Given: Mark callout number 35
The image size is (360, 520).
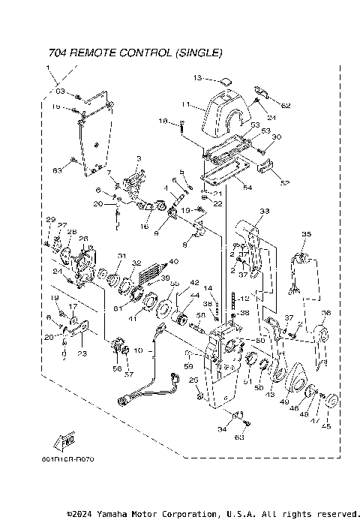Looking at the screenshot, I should [305, 235].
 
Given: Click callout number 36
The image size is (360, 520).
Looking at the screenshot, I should [325, 313].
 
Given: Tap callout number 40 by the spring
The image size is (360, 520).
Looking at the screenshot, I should [174, 262].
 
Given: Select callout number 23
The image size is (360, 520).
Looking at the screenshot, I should [82, 353].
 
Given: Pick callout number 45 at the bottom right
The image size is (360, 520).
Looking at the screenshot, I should [325, 425].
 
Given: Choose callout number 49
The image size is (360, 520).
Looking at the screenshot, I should [284, 402].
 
